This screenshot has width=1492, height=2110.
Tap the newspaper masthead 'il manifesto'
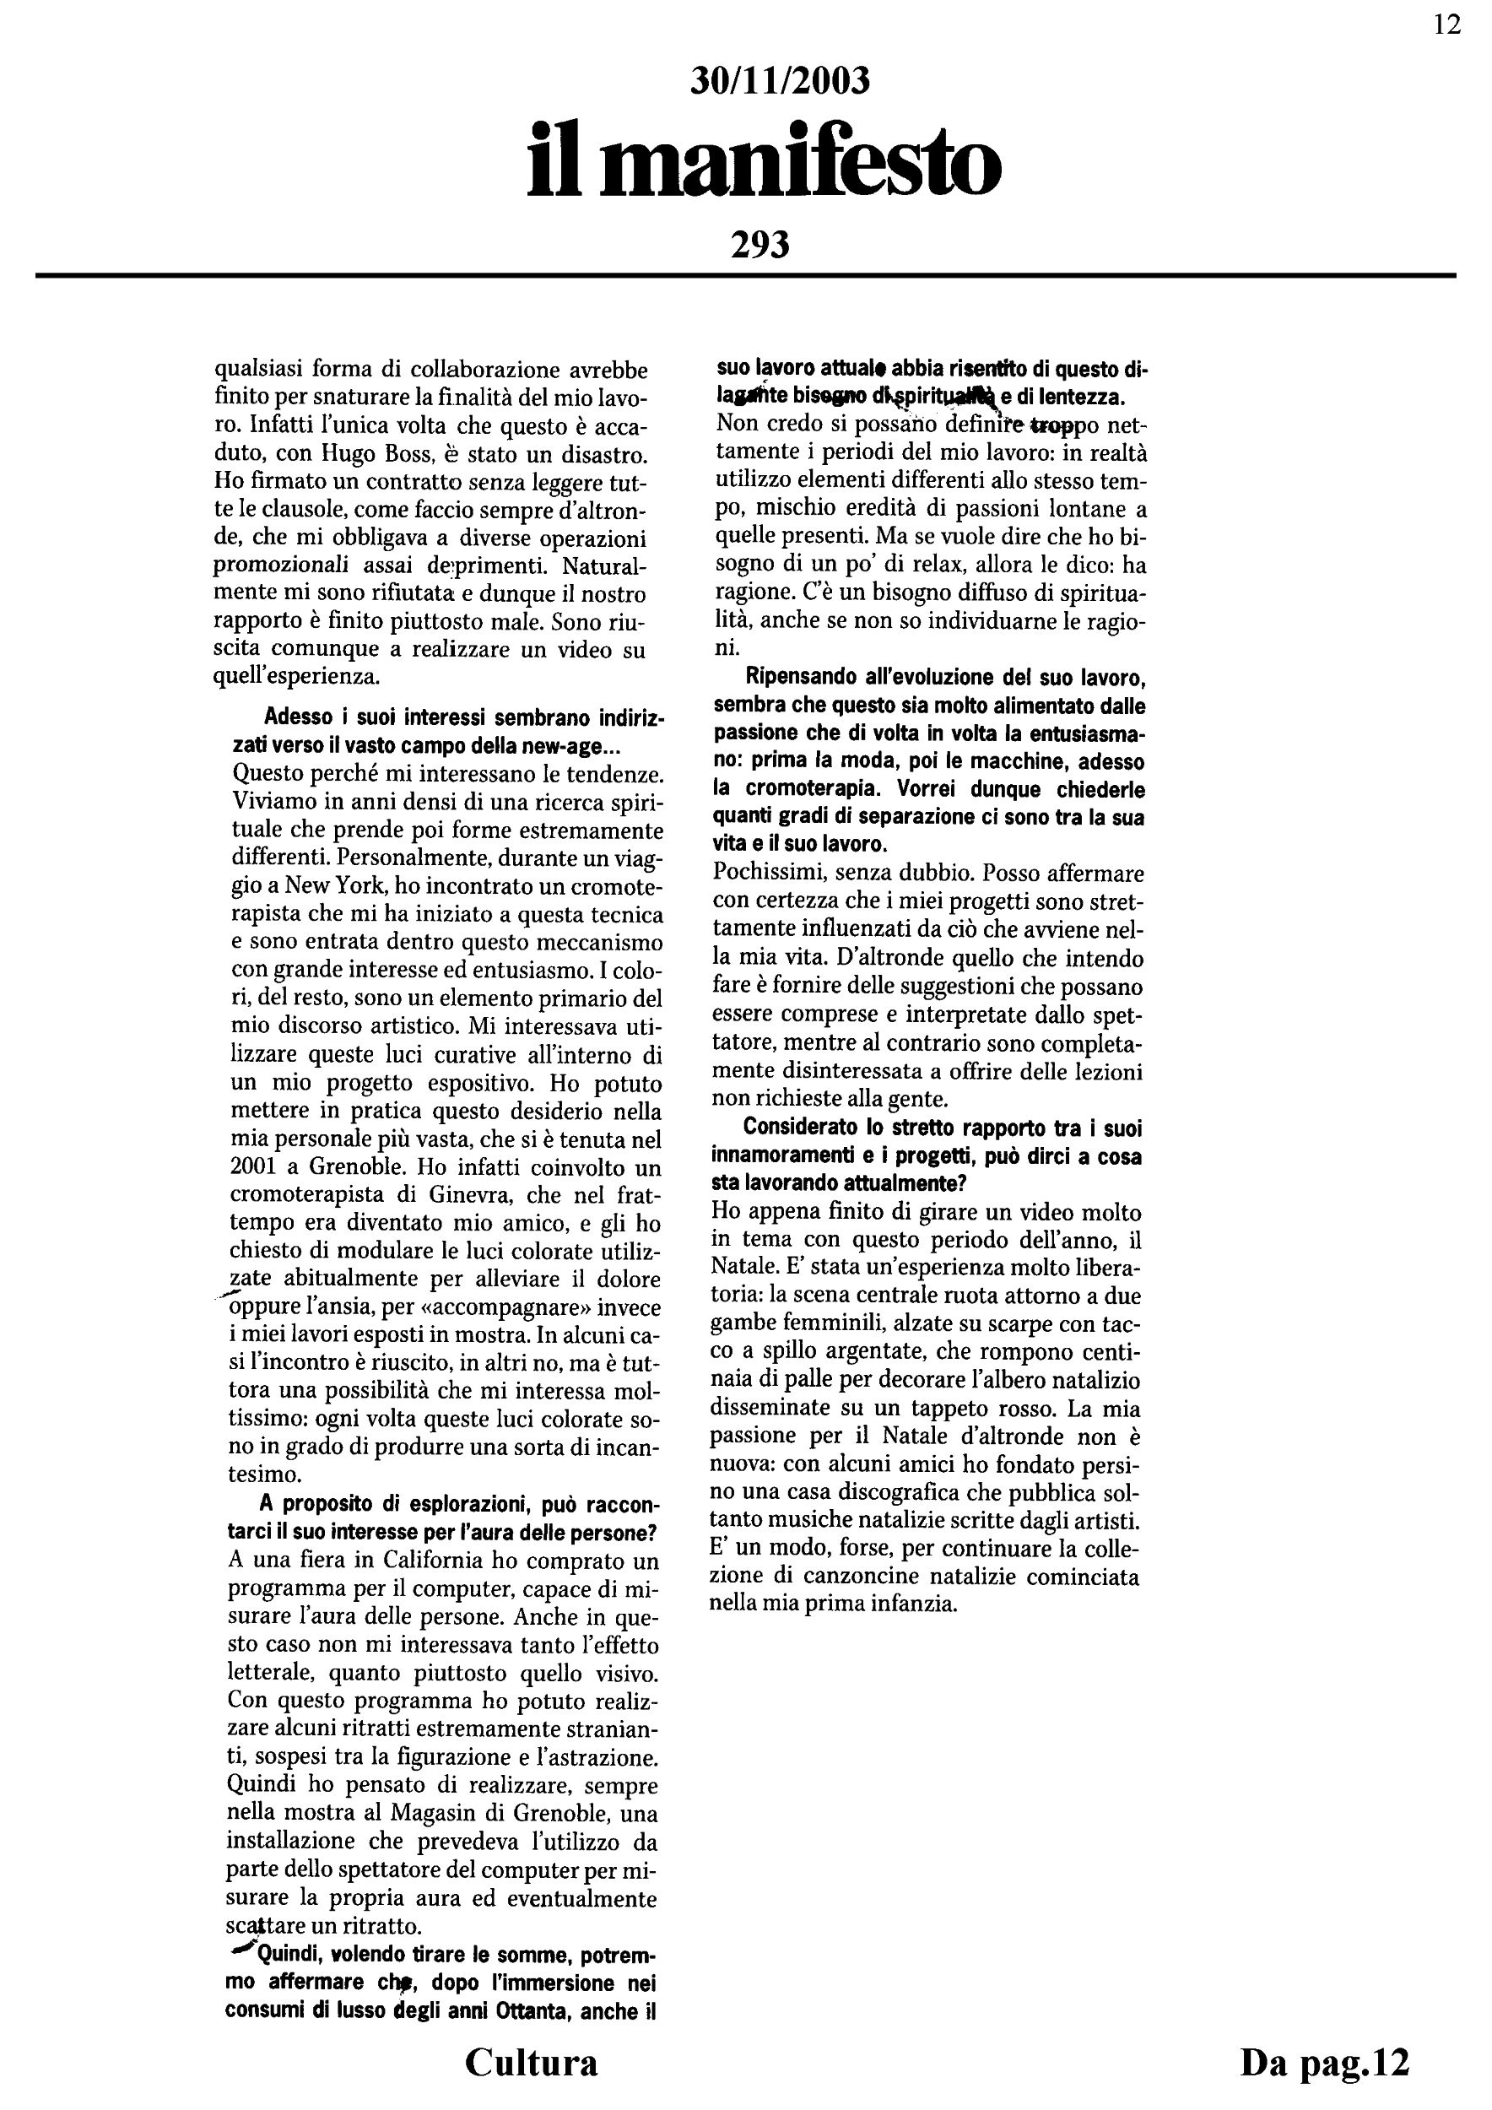[764, 164]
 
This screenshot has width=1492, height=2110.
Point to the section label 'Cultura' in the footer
[531, 2062]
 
